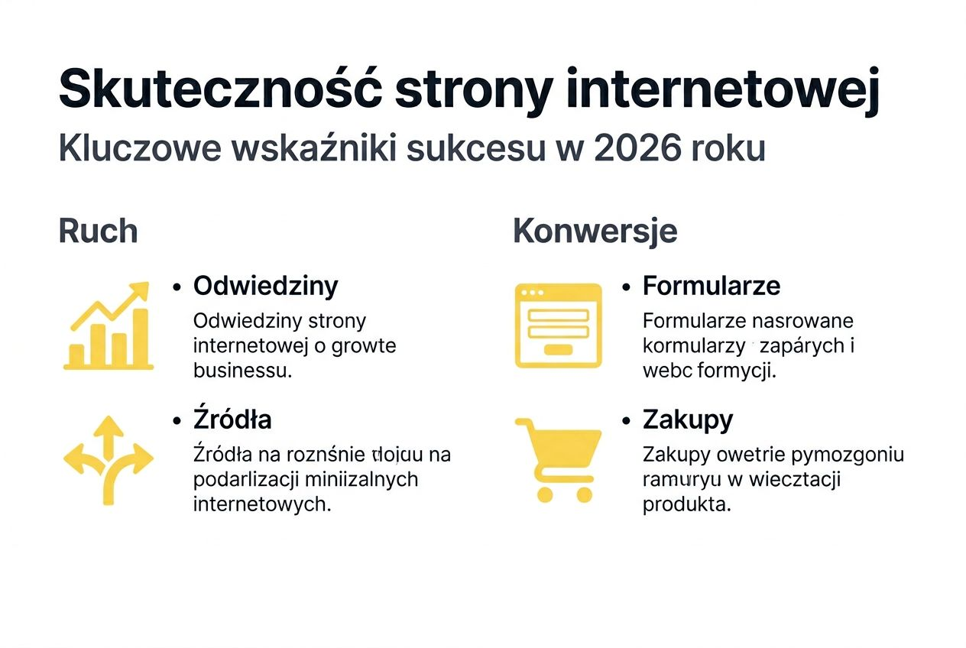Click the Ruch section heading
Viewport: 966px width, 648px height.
click(x=98, y=232)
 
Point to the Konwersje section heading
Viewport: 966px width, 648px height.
click(x=595, y=232)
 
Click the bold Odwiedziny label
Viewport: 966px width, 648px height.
click(x=265, y=286)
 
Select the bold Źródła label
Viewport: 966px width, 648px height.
click(x=232, y=420)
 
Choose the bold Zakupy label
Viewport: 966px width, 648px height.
click(x=687, y=420)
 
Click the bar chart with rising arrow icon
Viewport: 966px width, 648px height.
click(x=108, y=326)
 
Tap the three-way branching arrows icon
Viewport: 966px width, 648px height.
click(x=108, y=459)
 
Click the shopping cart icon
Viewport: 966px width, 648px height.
click(x=558, y=459)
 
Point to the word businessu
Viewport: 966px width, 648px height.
click(x=243, y=371)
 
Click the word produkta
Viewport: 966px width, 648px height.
click(x=686, y=504)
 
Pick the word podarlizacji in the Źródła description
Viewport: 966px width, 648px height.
click(x=246, y=480)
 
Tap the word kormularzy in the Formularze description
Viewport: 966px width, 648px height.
click(x=693, y=346)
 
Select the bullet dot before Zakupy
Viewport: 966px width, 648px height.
click(x=627, y=421)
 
